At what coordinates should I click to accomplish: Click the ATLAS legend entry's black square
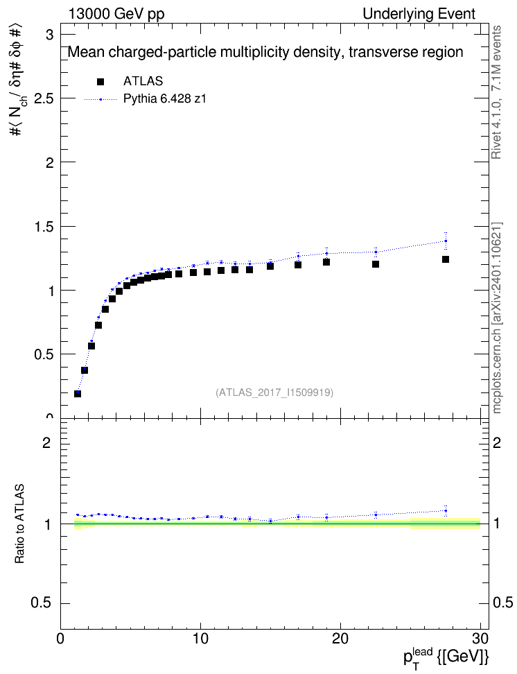pos(100,81)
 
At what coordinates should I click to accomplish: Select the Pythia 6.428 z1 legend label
pos(165,98)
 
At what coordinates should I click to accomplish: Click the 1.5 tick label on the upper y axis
pos(44,227)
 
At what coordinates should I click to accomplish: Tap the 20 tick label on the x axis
pos(340,639)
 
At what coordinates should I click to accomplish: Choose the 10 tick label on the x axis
pos(200,639)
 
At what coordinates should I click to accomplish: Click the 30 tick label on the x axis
pos(480,639)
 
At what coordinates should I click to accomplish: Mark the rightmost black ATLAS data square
pos(446,259)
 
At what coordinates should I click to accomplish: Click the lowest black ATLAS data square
pos(78,393)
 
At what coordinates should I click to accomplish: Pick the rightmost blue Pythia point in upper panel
pos(446,241)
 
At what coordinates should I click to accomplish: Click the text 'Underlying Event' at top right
pos(419,14)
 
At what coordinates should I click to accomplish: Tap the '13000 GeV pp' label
pos(116,14)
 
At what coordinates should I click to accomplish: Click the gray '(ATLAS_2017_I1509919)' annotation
pos(274,392)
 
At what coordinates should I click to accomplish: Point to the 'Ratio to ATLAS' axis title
pos(19,524)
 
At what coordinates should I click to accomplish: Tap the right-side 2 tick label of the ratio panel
pos(497,442)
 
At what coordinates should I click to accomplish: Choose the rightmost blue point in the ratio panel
pos(446,510)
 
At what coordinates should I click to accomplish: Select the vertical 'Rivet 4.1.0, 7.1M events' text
pos(496,92)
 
